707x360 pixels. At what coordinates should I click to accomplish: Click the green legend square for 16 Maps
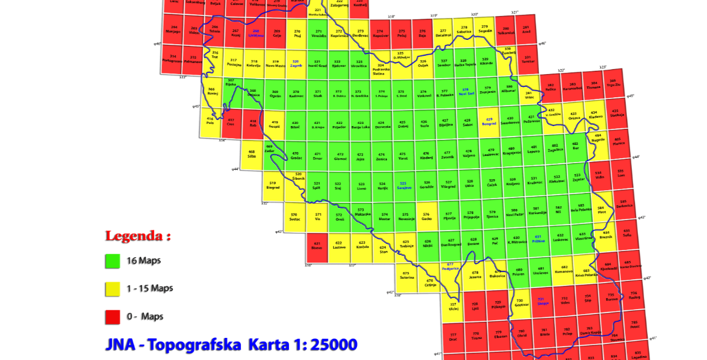coord(113,261)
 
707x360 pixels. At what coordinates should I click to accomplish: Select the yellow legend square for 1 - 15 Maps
coord(113,289)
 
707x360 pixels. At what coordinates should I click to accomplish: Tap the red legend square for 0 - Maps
coord(113,317)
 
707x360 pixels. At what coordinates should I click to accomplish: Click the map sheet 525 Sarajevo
coord(404,186)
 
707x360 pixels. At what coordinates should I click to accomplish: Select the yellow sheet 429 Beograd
coord(489,122)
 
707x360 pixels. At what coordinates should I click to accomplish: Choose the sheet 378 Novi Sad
coord(467,92)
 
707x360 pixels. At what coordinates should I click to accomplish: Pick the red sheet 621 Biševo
coord(317,247)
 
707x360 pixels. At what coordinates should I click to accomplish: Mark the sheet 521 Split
coord(317,186)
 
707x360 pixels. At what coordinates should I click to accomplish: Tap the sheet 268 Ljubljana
coord(255,34)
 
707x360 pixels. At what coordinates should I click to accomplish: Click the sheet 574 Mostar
coord(385,217)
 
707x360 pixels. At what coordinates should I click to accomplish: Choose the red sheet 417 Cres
coord(231,123)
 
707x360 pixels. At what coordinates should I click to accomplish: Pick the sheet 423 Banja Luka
coord(360,125)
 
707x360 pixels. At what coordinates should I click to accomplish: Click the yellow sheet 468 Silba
coord(252,154)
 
